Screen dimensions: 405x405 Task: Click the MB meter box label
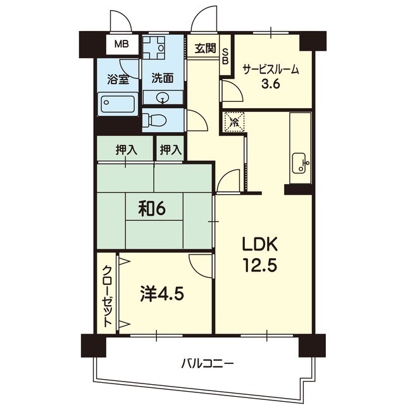click(121, 44)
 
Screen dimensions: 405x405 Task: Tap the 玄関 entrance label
click(205, 48)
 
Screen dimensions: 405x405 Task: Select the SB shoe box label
click(225, 56)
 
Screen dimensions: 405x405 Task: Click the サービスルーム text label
click(271, 70)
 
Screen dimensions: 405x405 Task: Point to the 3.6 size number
click(271, 84)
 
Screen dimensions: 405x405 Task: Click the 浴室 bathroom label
click(118, 79)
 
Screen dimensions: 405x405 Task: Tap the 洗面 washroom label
click(163, 78)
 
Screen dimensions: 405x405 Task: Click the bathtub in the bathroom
click(118, 104)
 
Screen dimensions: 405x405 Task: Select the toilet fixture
click(155, 121)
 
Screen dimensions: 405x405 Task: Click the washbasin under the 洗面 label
click(163, 97)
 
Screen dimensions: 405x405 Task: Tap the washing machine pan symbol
click(154, 48)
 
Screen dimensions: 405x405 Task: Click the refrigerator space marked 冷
click(234, 121)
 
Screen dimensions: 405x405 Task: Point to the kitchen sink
click(299, 163)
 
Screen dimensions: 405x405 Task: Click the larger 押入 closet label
click(127, 149)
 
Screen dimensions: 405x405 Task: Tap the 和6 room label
click(152, 209)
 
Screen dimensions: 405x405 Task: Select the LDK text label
click(260, 244)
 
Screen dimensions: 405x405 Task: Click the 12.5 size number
click(260, 265)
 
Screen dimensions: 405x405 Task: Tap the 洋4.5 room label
click(162, 294)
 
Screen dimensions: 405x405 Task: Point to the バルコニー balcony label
click(208, 364)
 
